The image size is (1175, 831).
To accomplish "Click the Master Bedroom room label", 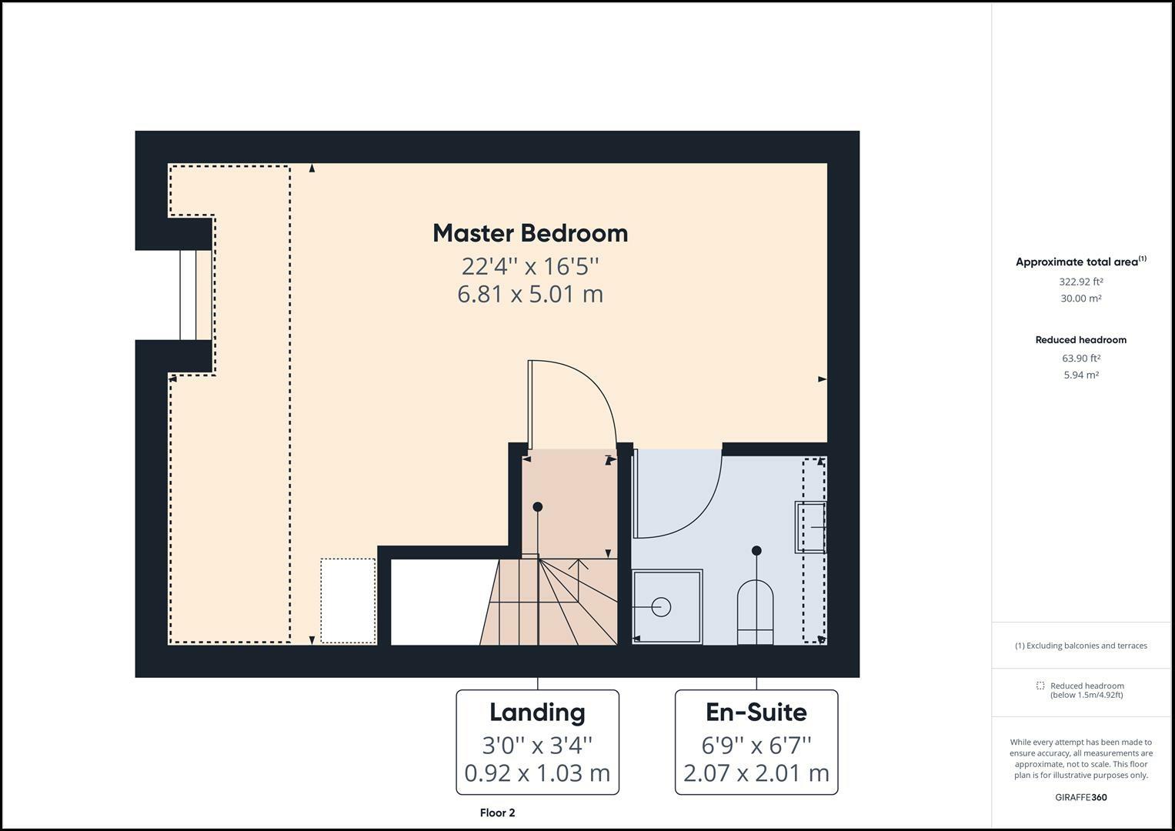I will pyautogui.click(x=530, y=233).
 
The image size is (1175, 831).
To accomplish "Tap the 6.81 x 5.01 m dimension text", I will pyautogui.click(x=530, y=294).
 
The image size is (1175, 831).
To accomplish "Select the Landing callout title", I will pyautogui.click(x=537, y=712).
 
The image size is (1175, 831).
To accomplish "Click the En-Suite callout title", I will pyautogui.click(x=756, y=712).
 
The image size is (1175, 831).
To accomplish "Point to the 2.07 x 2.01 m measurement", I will pyautogui.click(x=756, y=773).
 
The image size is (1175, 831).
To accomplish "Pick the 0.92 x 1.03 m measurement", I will pyautogui.click(x=537, y=773).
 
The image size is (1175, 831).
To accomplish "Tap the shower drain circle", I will pyautogui.click(x=661, y=607).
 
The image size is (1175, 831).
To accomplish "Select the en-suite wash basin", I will pyautogui.click(x=809, y=527).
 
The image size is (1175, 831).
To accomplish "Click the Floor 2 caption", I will pyautogui.click(x=497, y=813).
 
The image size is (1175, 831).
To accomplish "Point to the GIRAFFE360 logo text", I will pyautogui.click(x=1080, y=797).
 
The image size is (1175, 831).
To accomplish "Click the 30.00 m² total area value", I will pyautogui.click(x=1080, y=299).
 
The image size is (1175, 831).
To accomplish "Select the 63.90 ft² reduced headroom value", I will pyautogui.click(x=1080, y=358).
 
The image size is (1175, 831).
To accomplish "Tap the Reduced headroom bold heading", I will pyautogui.click(x=1080, y=339).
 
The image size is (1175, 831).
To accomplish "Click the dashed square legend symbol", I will pyautogui.click(x=1040, y=686).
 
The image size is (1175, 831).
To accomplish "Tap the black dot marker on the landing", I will pyautogui.click(x=538, y=506).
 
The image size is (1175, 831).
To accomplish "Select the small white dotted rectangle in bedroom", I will pyautogui.click(x=348, y=600).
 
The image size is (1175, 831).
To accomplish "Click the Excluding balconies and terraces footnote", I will pyautogui.click(x=1080, y=646).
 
